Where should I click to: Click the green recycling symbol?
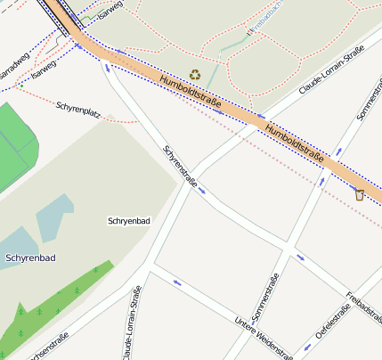point(195,76)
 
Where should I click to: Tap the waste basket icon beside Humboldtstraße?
point(359,194)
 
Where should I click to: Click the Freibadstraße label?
point(365,304)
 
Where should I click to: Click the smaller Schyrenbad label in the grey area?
point(126,220)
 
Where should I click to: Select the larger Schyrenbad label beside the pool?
point(30,258)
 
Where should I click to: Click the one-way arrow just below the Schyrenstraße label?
point(203,189)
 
